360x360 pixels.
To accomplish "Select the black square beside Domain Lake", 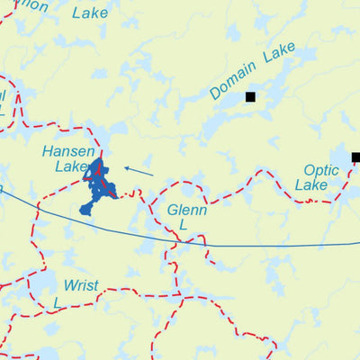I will pyautogui.click(x=250, y=96).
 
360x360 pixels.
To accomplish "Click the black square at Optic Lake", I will pyautogui.click(x=355, y=157).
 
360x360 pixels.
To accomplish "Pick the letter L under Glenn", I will pyautogui.click(x=182, y=226).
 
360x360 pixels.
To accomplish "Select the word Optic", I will pyautogui.click(x=321, y=169).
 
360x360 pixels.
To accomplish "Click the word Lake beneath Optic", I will pyautogui.click(x=311, y=185).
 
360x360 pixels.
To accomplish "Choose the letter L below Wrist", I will pyautogui.click(x=56, y=303).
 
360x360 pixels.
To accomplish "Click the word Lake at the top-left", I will pyautogui.click(x=89, y=13).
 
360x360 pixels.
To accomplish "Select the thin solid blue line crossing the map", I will pyautogui.click(x=270, y=245).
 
